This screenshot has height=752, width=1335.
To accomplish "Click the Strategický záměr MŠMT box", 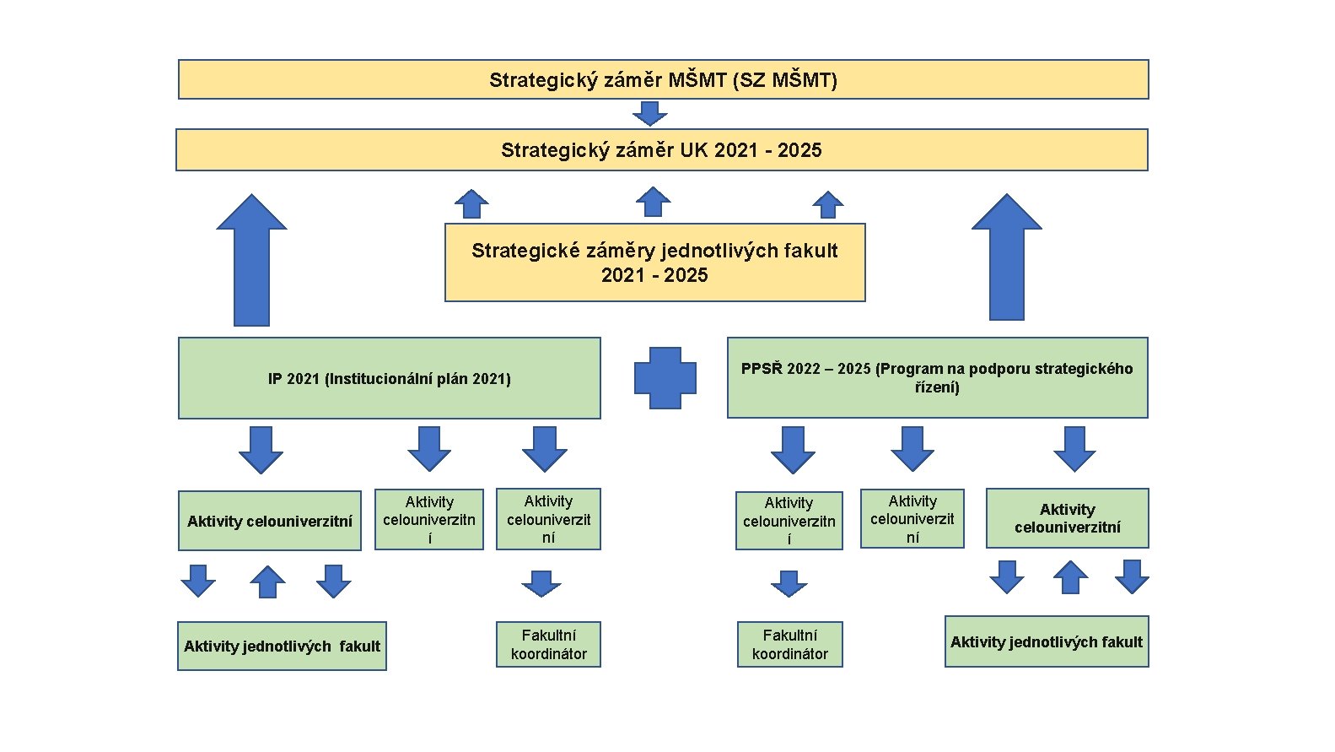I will pyautogui.click(x=663, y=80).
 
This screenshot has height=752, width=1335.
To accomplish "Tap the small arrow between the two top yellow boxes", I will pyautogui.click(x=649, y=113).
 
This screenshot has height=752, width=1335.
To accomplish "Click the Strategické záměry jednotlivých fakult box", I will pyautogui.click(x=654, y=262).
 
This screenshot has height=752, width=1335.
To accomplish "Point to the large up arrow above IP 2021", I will pyautogui.click(x=251, y=262).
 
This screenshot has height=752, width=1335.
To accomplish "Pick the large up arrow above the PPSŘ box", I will pyautogui.click(x=1006, y=258).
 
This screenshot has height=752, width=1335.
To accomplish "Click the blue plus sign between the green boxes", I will pyautogui.click(x=665, y=378).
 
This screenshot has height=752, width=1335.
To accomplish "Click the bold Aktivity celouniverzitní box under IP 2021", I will pyautogui.click(x=270, y=521).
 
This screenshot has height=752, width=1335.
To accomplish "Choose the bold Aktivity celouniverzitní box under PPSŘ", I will pyautogui.click(x=1067, y=518).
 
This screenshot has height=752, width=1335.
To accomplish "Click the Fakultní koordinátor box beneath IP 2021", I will pyautogui.click(x=548, y=645).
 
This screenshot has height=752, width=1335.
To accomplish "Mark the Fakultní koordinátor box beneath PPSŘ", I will pyautogui.click(x=789, y=645).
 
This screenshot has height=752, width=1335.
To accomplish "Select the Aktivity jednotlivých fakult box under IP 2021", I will pyautogui.click(x=282, y=647).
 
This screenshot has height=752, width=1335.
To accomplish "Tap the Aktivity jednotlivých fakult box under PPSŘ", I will pyautogui.click(x=1046, y=642).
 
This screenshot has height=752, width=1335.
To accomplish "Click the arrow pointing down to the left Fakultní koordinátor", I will pyautogui.click(x=541, y=583).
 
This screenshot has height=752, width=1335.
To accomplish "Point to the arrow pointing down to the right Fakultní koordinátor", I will pyautogui.click(x=789, y=583).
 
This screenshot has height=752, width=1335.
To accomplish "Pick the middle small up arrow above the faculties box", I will pyautogui.click(x=653, y=203).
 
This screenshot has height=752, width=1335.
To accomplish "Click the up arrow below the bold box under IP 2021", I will pyautogui.click(x=267, y=582).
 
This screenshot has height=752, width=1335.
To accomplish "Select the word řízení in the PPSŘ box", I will pyautogui.click(x=936, y=387).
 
